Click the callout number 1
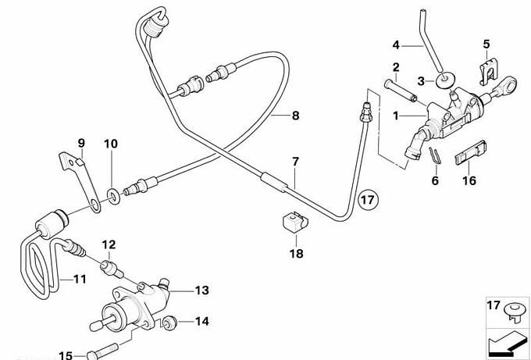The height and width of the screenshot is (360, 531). point(396,116)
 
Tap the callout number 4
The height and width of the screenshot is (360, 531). point(396,44)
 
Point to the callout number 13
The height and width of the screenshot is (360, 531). point(202,290)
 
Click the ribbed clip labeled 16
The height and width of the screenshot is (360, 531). point(469,154)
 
